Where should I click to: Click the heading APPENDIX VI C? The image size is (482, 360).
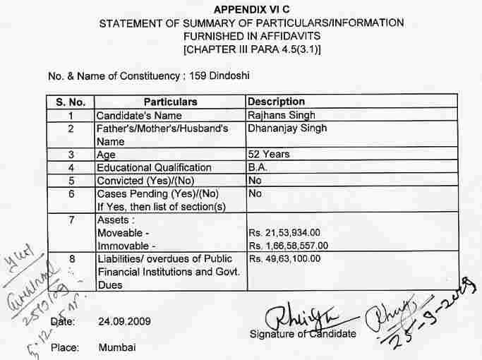pyautogui.click(x=251, y=10)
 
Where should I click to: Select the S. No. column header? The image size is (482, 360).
pyautogui.click(x=71, y=102)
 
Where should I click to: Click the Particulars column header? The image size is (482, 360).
pyautogui.click(x=170, y=102)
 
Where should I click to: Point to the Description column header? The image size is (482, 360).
pyautogui.click(x=276, y=102)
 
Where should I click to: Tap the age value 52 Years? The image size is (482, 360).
pyautogui.click(x=269, y=154)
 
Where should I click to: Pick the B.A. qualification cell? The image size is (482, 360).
pyautogui.click(x=257, y=167)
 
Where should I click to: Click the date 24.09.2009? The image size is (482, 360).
pyautogui.click(x=123, y=321)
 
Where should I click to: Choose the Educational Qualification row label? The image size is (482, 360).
pyautogui.click(x=154, y=167)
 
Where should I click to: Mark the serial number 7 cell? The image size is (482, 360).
pyautogui.click(x=71, y=220)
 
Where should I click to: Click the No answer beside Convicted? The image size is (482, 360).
pyautogui.click(x=255, y=180)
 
